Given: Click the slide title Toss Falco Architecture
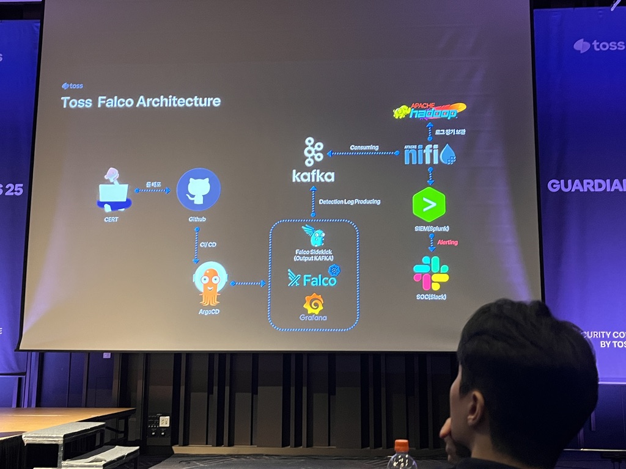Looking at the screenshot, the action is tap(141, 101).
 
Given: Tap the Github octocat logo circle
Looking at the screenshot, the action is tap(198, 190).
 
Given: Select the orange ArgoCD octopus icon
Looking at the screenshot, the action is tap(210, 284).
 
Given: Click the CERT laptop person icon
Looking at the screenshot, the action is tap(112, 191).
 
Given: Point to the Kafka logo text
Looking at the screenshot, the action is tap(313, 176).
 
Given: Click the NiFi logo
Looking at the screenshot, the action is tap(430, 154).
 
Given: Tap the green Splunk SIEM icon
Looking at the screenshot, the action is tap(429, 205).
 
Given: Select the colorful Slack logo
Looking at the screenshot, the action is tap(430, 273).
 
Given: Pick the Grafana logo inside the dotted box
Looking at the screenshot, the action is tap(314, 304).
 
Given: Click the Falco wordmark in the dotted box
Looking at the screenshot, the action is tap(314, 280).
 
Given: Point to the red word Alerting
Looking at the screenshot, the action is tap(447, 242).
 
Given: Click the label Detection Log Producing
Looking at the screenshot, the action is tap(350, 202).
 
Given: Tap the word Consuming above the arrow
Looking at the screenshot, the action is tap(364, 147).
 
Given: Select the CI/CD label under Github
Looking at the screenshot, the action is tap(208, 244).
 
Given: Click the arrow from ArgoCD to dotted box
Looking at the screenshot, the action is tap(248, 283).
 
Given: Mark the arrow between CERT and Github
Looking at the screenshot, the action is tap(152, 191).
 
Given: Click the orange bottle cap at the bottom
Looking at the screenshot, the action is tap(401, 445).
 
